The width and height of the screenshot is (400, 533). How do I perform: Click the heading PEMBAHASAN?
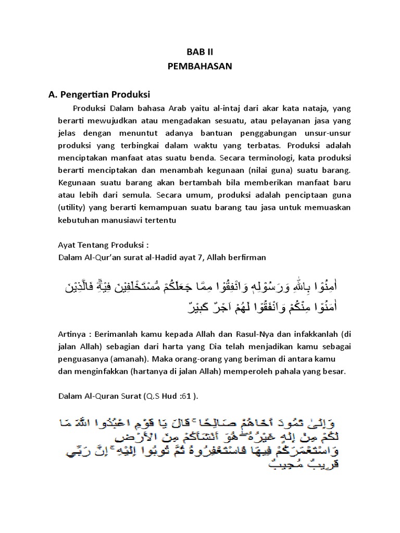[200, 67]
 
